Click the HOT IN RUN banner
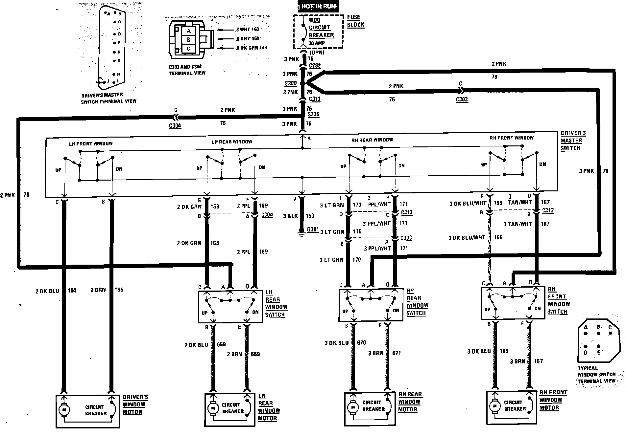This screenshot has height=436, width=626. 318,6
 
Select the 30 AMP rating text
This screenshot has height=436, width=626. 316,43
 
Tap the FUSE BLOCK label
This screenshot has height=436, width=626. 356,21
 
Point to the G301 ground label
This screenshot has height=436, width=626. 313,229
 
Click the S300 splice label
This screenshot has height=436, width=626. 291,83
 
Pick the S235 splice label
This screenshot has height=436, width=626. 314,114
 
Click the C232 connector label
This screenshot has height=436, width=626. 315,66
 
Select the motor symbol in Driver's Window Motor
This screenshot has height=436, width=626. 64,409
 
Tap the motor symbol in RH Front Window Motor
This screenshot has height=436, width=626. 494,406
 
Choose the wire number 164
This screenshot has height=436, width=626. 72,290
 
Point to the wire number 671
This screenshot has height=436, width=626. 397,353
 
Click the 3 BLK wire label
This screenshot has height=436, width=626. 290,216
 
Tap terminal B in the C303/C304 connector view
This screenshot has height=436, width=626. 188,40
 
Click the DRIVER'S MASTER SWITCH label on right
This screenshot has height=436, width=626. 573,141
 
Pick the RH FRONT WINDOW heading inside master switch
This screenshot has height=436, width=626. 512,138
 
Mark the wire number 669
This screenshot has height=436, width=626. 255,354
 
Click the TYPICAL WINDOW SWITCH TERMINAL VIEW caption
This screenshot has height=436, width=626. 596,375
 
